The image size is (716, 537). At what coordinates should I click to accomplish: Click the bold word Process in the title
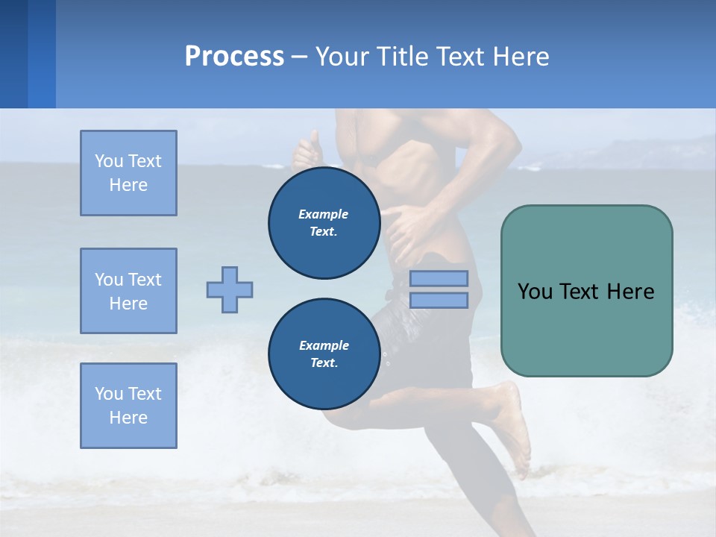[234, 57]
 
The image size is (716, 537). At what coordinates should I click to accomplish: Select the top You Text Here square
[128, 173]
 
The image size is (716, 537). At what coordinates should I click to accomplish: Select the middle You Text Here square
[128, 291]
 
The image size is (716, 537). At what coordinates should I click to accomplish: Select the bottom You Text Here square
[128, 406]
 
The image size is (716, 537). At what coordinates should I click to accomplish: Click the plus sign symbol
[230, 289]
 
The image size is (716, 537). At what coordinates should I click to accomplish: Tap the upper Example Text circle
[324, 223]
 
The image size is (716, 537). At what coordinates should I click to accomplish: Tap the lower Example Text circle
[324, 354]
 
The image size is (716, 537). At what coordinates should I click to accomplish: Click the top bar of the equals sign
[439, 278]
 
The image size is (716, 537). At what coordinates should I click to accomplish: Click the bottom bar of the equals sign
[439, 300]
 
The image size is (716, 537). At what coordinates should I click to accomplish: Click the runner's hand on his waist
[406, 224]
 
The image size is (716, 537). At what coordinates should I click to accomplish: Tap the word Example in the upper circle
[324, 214]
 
